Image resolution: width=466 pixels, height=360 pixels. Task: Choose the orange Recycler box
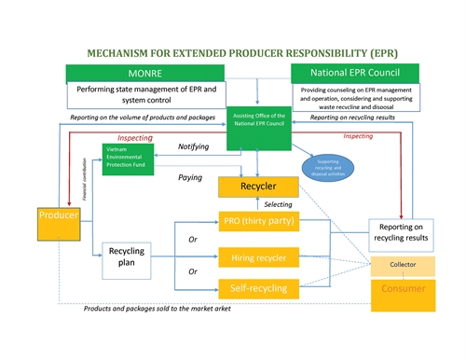click(257, 187)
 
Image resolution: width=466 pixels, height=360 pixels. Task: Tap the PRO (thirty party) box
click(257, 221)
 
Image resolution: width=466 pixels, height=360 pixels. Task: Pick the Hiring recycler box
click(257, 255)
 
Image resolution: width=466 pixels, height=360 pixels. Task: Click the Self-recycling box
click(257, 287)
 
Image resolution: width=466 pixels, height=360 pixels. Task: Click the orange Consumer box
click(403, 290)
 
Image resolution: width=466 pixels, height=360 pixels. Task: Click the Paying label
click(190, 177)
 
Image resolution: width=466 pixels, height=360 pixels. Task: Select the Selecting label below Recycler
click(279, 203)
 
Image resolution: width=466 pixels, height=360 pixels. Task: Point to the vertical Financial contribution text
click(85, 184)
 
